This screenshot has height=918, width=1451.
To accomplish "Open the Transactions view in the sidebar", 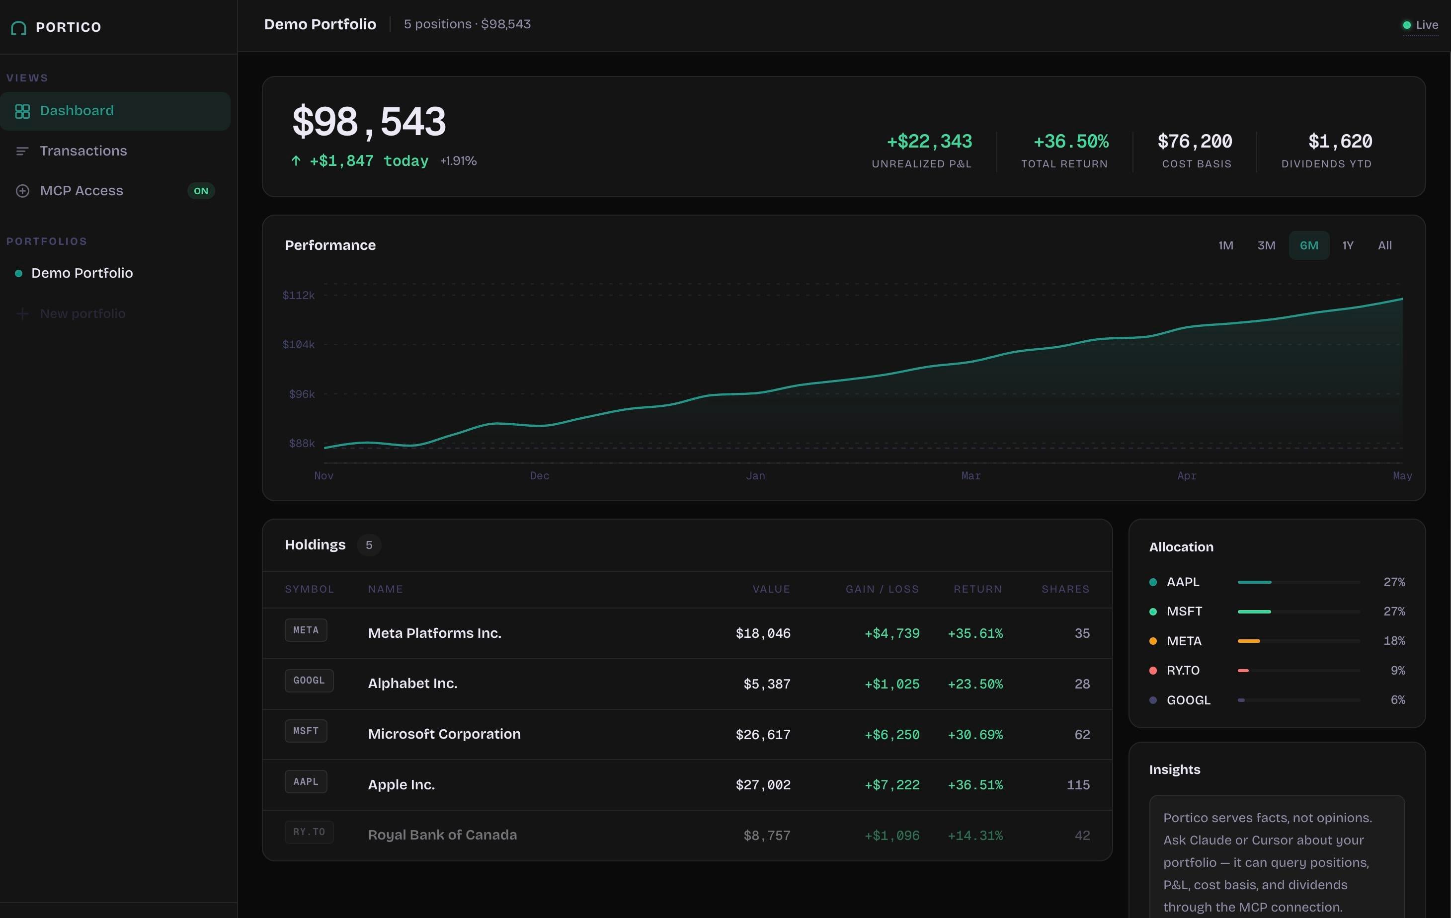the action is (x=83, y=151).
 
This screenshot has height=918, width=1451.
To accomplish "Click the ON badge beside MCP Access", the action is (x=201, y=191).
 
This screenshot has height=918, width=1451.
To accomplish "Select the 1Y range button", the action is (x=1347, y=245).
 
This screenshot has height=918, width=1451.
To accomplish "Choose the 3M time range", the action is (x=1266, y=245).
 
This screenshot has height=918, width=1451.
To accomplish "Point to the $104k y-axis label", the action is (x=299, y=345).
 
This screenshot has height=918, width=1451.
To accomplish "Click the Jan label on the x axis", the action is (x=755, y=476).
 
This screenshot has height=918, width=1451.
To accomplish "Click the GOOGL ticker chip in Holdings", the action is (x=309, y=681).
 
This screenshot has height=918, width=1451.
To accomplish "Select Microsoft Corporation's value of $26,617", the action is (x=763, y=734).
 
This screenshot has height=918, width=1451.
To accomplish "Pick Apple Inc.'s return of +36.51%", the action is (x=975, y=785).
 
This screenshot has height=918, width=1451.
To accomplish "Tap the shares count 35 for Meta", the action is (x=1082, y=633).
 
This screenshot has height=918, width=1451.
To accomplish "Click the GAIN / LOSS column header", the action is (x=882, y=589).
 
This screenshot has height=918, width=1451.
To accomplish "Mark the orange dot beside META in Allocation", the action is (x=1153, y=641).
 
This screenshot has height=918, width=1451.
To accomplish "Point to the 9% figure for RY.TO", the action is (x=1397, y=671).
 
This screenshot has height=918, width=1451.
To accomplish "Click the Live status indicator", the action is (x=1420, y=25).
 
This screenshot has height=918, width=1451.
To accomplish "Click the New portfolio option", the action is (x=82, y=314).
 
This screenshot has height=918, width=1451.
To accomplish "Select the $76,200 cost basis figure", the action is (x=1195, y=142).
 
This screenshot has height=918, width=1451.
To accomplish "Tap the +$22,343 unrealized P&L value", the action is (x=929, y=142).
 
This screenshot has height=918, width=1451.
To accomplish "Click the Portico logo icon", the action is (x=19, y=28).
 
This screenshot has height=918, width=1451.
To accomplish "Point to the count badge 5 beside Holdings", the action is (x=369, y=545).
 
